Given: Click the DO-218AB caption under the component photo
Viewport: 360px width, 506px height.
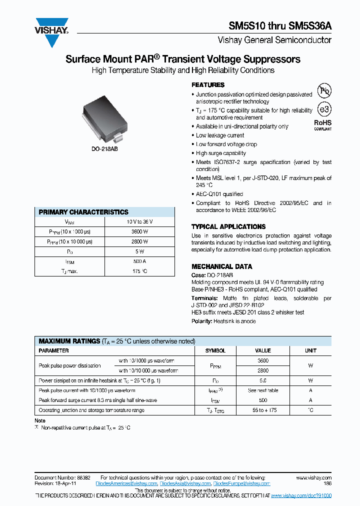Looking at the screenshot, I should pos(104,149).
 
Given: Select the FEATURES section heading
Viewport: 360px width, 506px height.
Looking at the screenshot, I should pos(208,85).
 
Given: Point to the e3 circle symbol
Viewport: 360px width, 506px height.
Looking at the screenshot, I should pos(324,109).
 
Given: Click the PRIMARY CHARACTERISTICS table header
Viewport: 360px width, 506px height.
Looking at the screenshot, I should pos(83,212).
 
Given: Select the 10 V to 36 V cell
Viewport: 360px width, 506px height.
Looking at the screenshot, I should pos(140,221).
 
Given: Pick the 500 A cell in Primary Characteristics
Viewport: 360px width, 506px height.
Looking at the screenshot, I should pos(140,261).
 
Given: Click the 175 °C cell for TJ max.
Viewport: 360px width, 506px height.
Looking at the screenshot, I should pos(140,271).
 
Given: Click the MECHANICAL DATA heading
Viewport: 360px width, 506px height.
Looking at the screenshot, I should pos(222,266).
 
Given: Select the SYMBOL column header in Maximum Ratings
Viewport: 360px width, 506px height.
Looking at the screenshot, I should pos(215,351).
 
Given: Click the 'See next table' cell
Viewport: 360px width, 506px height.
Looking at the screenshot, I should pos(263,390).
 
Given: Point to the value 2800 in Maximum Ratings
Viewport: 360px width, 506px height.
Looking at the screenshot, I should pos(263,370).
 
